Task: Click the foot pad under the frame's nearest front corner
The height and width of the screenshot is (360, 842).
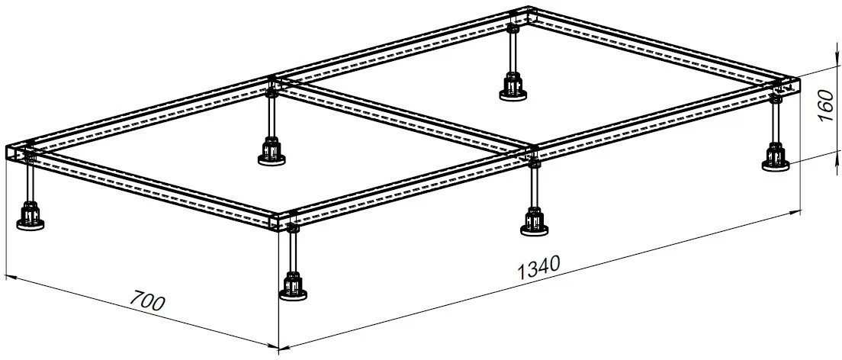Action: (x=293, y=294)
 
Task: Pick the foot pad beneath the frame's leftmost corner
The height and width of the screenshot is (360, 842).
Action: (x=30, y=224)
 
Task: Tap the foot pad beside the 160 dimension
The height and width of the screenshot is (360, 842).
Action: (x=776, y=166)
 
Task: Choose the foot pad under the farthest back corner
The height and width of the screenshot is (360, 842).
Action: (x=513, y=95)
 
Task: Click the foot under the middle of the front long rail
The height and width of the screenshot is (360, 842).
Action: (x=535, y=230)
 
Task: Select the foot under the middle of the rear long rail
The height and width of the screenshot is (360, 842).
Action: (x=272, y=159)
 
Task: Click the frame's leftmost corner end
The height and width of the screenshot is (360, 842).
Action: (x=11, y=153)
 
